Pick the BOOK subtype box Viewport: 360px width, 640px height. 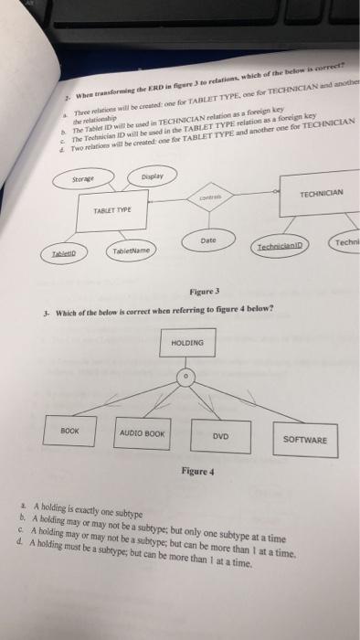coord(69,429)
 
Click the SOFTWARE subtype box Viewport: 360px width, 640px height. coord(304,440)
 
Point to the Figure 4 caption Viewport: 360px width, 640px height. coord(196,472)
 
